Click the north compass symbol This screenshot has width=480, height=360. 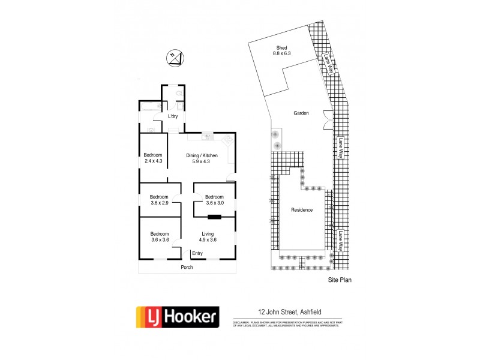(175, 58)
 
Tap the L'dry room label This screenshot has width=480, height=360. (173, 116)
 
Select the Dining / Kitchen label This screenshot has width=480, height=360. (200, 158)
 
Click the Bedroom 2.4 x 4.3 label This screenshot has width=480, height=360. (154, 158)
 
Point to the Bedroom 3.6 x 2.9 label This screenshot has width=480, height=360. (159, 200)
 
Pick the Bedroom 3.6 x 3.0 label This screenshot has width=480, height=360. (214, 200)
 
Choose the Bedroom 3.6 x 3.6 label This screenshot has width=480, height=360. (159, 237)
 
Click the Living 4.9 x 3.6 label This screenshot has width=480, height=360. (208, 237)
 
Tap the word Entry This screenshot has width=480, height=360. (197, 253)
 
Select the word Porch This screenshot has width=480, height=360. (187, 267)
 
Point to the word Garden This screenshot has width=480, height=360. (301, 113)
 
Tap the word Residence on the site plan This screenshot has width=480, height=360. (302, 210)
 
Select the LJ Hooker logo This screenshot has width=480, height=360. (178, 316)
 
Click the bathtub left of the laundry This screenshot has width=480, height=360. (148, 106)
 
